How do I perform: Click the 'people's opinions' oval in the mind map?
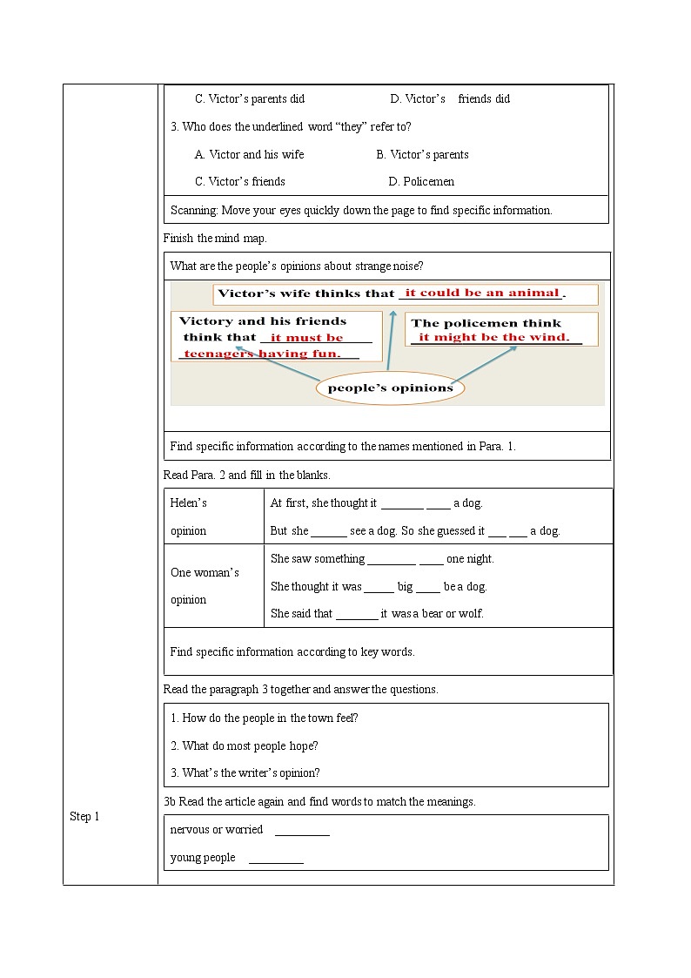[390, 388]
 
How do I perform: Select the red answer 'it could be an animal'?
[481, 293]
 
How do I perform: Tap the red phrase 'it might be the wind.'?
[493, 337]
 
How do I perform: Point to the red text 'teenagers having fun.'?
[262, 354]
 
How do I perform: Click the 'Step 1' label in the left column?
[84, 816]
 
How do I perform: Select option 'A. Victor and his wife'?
[249, 154]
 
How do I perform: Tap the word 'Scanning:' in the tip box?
[194, 210]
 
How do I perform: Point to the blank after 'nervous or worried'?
[302, 831]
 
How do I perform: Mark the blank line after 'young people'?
[276, 859]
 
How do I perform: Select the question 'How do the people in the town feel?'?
[265, 718]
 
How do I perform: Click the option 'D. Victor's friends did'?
[450, 98]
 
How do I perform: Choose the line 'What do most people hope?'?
[245, 745]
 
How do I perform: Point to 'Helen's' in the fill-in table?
[188, 502]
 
